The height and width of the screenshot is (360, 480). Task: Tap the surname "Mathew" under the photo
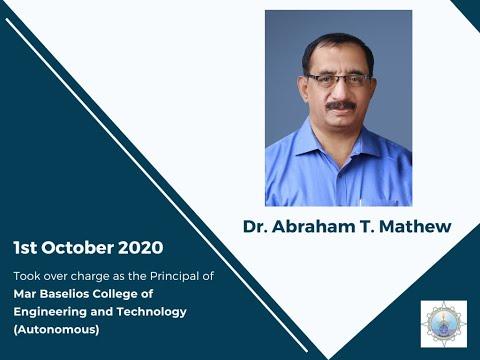coord(415,227)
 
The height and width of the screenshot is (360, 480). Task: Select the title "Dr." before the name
coord(256,227)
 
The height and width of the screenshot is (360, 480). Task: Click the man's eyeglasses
coord(338,80)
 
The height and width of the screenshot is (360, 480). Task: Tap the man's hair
coord(338,45)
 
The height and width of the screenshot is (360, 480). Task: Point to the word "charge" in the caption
coord(92,275)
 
